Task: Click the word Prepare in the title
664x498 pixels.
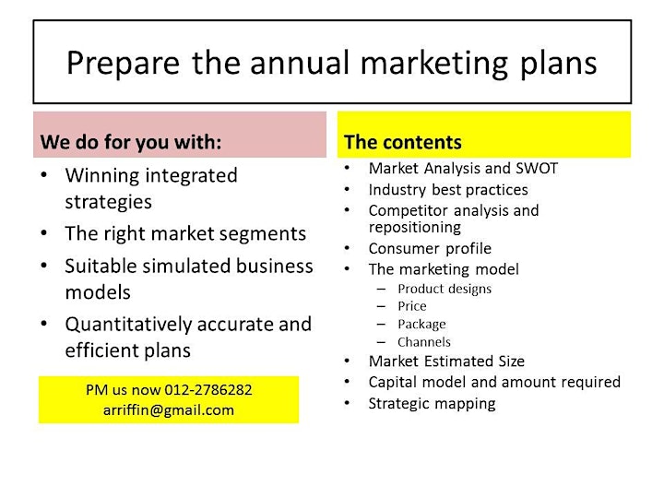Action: [124, 64]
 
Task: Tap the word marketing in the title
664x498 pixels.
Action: [434, 64]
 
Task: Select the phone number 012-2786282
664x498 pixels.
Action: [208, 389]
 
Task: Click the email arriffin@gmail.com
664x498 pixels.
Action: [169, 410]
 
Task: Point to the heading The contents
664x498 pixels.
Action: [403, 142]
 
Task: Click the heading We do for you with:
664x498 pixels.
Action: [131, 142]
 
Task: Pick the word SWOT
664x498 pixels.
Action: [537, 169]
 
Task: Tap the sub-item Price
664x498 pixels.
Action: [412, 306]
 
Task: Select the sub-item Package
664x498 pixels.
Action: [421, 325]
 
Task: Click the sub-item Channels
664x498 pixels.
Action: [424, 342]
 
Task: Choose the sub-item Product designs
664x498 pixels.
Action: [445, 289]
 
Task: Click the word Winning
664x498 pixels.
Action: [102, 176]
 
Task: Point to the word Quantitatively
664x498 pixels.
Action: [129, 326]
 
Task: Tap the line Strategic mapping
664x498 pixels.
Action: [432, 404]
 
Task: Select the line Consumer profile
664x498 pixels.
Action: [431, 249]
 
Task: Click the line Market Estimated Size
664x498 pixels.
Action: [446, 362]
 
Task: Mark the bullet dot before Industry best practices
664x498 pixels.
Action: [348, 189]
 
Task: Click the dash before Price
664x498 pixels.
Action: [381, 306]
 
